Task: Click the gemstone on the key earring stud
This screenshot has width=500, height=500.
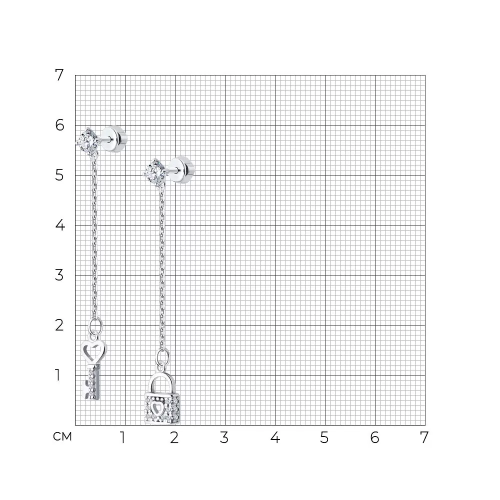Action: click(x=86, y=140)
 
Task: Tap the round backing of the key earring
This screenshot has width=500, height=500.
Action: click(x=115, y=139)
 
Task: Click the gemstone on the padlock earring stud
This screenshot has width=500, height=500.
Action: click(x=154, y=172)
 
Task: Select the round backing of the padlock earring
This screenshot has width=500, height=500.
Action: click(x=182, y=170)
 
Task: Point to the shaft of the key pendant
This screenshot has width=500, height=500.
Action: click(x=94, y=381)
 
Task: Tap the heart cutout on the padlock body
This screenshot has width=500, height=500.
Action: click(x=156, y=408)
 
